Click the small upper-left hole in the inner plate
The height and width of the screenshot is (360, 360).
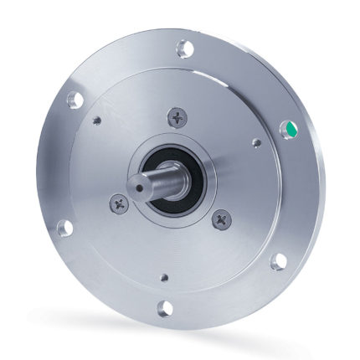[99, 122]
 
